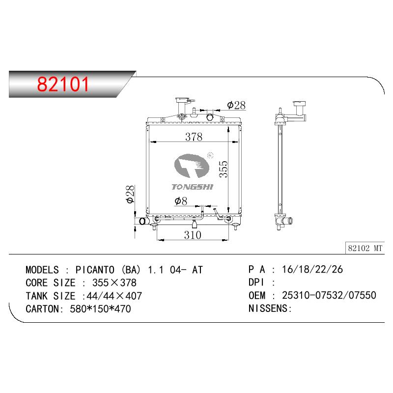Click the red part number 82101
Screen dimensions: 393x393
click(63, 84)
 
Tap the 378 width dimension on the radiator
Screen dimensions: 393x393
click(194, 137)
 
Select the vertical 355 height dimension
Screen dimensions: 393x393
click(224, 169)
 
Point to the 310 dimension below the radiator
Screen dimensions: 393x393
click(193, 235)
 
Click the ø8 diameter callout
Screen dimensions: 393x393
click(181, 201)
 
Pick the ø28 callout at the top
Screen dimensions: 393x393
click(236, 105)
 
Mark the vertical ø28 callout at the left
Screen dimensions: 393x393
click(130, 194)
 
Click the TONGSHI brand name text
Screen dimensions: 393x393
click(193, 187)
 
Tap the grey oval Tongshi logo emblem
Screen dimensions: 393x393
click(192, 166)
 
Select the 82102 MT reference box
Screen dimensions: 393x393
click(365, 248)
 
